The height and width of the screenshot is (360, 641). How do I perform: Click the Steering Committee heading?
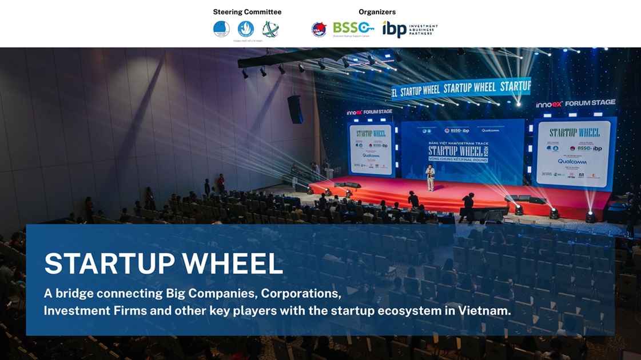pos(247,12)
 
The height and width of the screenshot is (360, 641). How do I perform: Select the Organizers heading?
pos(377,12)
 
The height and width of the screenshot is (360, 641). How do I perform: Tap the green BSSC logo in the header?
pos(353,27)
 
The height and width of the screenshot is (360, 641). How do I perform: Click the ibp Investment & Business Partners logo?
pos(409,29)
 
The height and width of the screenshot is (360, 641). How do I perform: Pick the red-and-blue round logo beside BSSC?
pos(318,29)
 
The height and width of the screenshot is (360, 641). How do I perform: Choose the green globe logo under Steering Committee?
pos(270,29)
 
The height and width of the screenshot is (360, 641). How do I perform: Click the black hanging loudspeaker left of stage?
pos(295,109)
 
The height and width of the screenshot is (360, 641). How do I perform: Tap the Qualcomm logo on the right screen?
pos(572,162)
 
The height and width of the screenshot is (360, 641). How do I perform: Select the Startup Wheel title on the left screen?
pos(371,134)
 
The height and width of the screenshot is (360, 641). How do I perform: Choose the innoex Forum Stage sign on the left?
pos(369,112)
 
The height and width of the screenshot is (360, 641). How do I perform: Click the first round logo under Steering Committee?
pos(221,29)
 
